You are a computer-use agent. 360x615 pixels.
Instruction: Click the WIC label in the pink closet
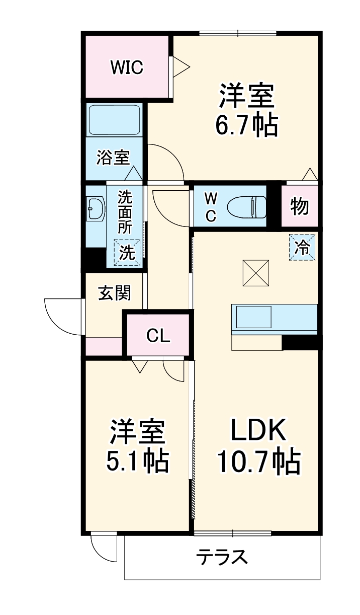[127, 66]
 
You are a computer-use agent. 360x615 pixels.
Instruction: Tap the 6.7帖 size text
[246, 126]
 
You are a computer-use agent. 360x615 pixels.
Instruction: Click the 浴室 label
[114, 159]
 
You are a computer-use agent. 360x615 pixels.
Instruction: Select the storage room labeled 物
[300, 206]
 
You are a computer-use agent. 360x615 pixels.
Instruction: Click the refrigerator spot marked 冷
[303, 247]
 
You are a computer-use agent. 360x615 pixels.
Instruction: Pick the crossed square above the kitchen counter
[256, 272]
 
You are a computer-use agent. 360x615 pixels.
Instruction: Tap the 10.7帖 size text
[258, 462]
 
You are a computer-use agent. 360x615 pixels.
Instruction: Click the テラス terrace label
[222, 557]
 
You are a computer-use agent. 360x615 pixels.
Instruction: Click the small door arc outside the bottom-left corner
[104, 550]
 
